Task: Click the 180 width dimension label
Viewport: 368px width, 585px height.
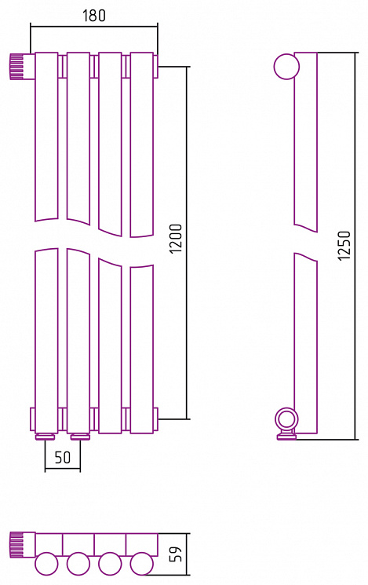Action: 94,15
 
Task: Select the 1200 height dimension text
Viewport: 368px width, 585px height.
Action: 176,239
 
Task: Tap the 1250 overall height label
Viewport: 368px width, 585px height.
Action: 344,246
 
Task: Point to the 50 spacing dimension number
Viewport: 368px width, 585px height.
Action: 62,458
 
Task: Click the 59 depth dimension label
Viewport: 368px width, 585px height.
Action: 176,554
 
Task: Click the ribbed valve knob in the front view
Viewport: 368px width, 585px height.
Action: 17,67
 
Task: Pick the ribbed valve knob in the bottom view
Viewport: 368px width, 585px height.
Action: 17,545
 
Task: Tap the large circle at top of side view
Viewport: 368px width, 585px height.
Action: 286,67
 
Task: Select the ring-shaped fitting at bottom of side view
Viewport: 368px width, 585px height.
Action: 286,419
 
